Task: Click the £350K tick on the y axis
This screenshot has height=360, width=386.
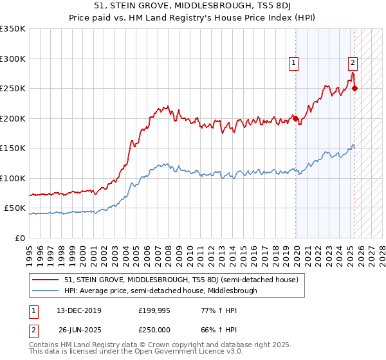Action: [x=13, y=29]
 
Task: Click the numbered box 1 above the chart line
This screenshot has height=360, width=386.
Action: [x=293, y=63]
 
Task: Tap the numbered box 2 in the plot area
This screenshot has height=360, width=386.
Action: [x=353, y=63]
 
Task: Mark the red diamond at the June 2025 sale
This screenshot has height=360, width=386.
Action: [x=355, y=89]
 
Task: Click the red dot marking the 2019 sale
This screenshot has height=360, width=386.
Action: [x=295, y=118]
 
